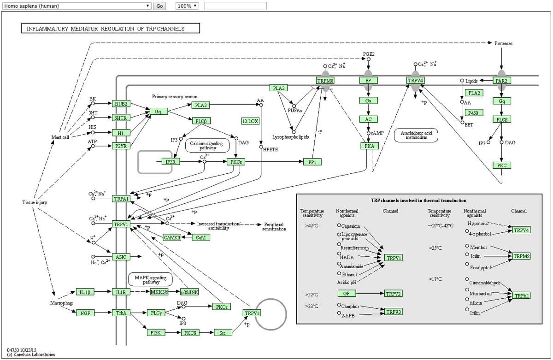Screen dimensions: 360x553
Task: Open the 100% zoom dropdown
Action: point(187,6)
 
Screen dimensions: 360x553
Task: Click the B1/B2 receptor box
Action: point(121,103)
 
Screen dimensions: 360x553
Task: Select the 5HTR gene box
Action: point(121,118)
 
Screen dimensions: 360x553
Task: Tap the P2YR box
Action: point(121,146)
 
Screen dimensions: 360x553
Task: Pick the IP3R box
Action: point(171,162)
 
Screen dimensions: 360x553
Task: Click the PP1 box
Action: point(312,162)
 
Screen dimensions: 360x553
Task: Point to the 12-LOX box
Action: point(250,121)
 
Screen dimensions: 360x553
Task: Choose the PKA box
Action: point(369,146)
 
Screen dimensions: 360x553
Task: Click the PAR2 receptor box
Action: point(502,81)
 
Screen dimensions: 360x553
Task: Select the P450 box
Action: point(473,112)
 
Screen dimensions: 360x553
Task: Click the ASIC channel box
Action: point(121,257)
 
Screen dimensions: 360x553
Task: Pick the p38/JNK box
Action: point(189,292)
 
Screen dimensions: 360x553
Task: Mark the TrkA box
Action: point(121,313)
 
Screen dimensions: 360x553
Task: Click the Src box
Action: point(223,332)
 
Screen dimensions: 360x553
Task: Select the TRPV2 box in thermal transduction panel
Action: point(394,293)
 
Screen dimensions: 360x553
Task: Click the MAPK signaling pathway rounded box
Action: point(151,279)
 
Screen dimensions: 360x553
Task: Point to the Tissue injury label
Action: point(35,202)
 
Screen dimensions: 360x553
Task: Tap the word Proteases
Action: point(503,43)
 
